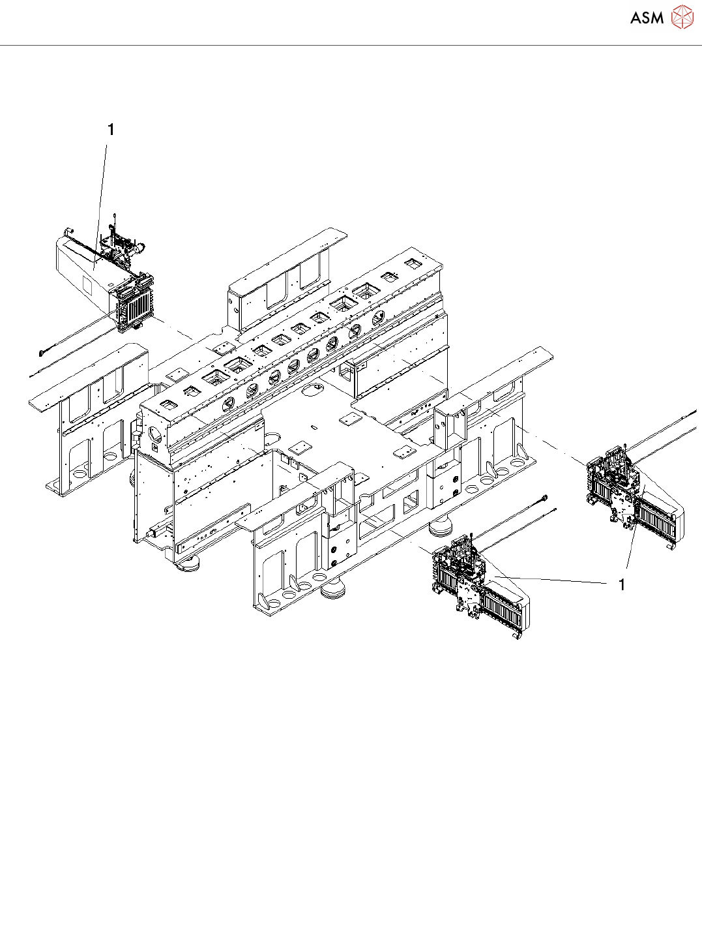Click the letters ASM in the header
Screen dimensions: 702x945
point(647,18)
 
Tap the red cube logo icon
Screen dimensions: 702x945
point(682,17)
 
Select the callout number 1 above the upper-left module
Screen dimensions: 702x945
point(111,130)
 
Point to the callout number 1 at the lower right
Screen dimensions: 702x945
point(622,585)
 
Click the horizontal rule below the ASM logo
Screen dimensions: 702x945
point(351,45)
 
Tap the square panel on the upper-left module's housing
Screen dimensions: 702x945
point(85,286)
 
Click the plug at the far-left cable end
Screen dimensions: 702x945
point(42,352)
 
